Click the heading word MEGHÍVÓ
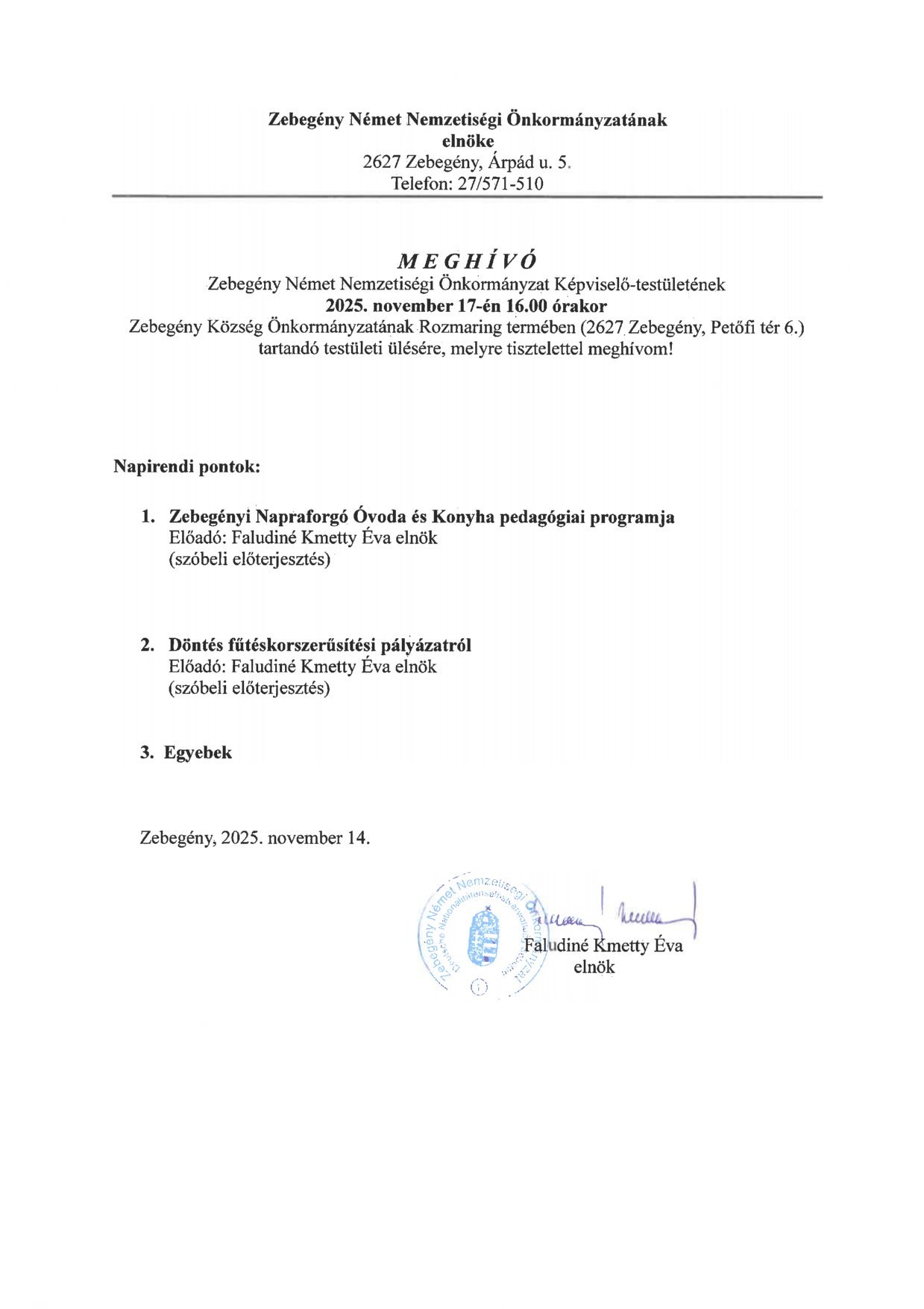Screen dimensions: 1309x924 click(467, 260)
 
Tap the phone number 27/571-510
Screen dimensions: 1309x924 click(500, 183)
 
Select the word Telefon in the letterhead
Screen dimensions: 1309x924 click(420, 183)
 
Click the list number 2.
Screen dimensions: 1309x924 click(147, 645)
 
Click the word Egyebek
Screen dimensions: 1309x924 click(198, 752)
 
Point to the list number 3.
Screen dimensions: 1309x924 click(146, 752)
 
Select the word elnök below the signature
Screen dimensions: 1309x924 click(594, 967)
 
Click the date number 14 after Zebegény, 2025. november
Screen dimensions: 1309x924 click(356, 837)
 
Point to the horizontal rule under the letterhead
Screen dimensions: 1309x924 click(467, 197)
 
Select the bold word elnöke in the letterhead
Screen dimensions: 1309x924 click(468, 141)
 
